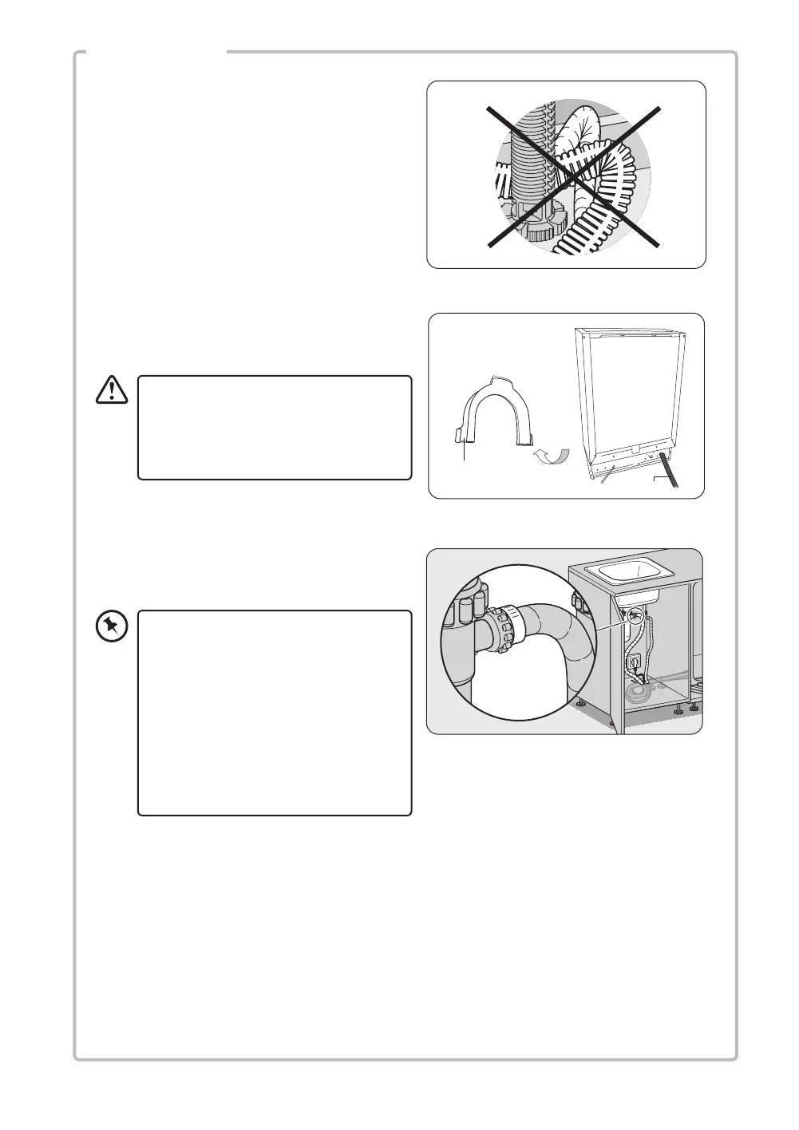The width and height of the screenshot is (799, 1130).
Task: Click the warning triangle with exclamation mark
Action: coord(112,389)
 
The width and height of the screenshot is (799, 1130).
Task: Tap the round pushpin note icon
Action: coord(112,626)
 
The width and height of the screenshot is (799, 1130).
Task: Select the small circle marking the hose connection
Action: coord(635,615)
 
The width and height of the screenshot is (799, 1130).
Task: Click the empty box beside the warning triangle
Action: coord(275,428)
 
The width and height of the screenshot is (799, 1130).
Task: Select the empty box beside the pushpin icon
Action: coord(275,713)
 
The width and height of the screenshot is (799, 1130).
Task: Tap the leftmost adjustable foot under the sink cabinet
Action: coord(581,704)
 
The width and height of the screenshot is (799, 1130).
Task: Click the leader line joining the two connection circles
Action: coord(615,623)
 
